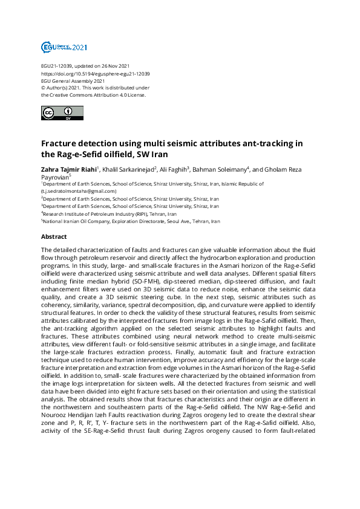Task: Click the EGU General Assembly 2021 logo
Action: pyautogui.click(x=64, y=47)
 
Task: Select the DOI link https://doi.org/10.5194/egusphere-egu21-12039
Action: pyautogui.click(x=96, y=73)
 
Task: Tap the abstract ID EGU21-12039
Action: pyautogui.click(x=57, y=66)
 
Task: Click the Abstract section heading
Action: pyautogui.click(x=54, y=237)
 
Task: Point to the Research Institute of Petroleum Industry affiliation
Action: pyautogui.click(x=110, y=213)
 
